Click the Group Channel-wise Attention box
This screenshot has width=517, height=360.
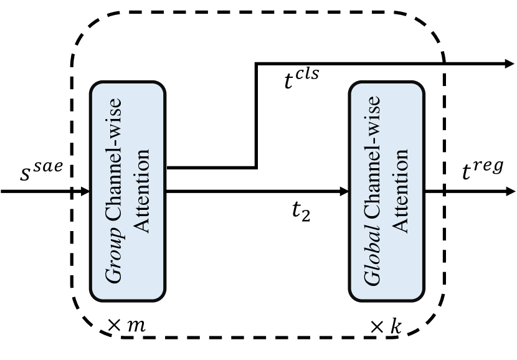click(128, 191)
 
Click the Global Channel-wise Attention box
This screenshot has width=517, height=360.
click(386, 191)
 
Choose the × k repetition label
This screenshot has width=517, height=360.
click(386, 326)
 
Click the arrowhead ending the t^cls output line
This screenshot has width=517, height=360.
click(509, 64)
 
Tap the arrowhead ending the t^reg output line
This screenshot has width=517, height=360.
click(509, 191)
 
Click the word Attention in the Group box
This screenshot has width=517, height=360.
click(143, 191)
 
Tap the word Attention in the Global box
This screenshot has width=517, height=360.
click(401, 191)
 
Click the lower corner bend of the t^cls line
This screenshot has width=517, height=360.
click(255, 167)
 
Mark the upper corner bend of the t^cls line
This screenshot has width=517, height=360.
click(255, 64)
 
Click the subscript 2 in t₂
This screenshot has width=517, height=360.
click(306, 216)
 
